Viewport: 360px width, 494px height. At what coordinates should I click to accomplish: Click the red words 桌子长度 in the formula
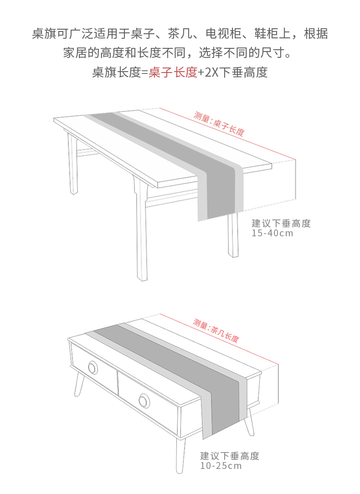(x=173, y=72)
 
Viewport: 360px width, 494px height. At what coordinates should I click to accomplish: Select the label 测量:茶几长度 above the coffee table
(x=216, y=331)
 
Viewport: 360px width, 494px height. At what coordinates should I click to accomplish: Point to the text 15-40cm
(x=273, y=234)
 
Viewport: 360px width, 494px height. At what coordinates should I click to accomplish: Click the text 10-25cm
(x=221, y=466)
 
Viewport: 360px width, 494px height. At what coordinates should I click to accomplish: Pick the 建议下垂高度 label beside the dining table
(x=281, y=224)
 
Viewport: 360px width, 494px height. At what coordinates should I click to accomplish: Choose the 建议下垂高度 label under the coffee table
(x=230, y=456)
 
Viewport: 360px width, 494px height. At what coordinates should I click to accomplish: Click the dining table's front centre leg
(x=141, y=237)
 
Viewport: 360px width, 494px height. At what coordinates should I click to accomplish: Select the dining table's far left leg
(x=72, y=164)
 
